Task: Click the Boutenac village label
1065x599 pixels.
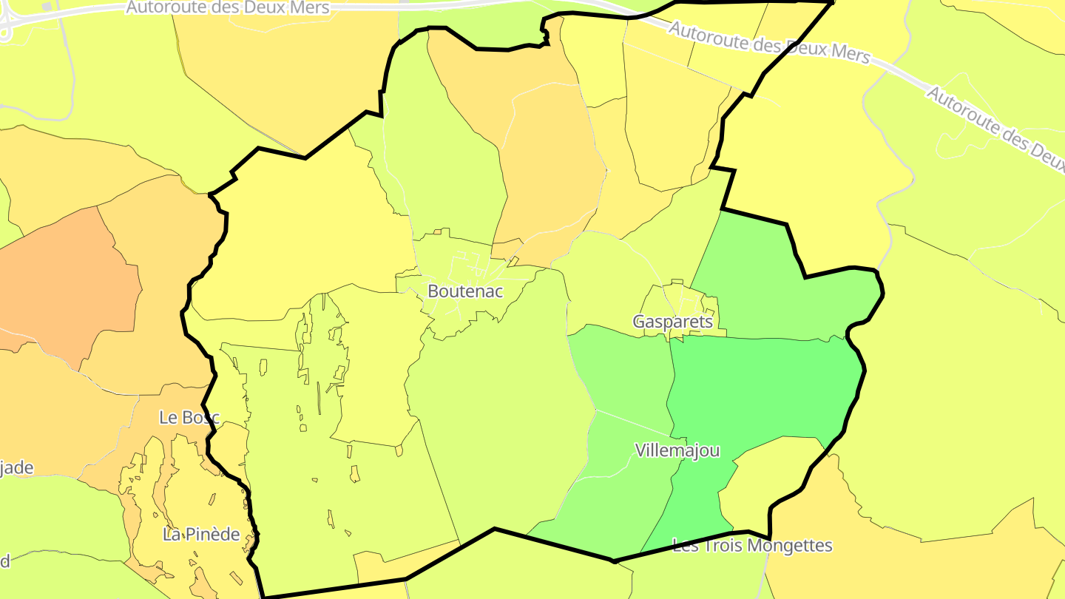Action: (465, 291)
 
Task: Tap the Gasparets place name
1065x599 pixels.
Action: (673, 322)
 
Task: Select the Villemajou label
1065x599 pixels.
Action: (677, 450)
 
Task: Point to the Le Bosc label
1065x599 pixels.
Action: (189, 417)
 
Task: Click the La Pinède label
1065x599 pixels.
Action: (201, 534)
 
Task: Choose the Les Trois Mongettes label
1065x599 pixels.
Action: (752, 546)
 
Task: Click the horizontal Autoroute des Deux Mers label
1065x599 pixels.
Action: (228, 7)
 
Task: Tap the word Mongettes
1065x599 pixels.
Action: (791, 546)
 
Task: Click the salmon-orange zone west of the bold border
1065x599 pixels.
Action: (67, 281)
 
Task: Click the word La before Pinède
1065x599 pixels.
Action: (172, 534)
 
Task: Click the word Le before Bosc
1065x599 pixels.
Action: (169, 417)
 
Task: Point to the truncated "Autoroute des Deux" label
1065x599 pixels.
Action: (995, 130)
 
